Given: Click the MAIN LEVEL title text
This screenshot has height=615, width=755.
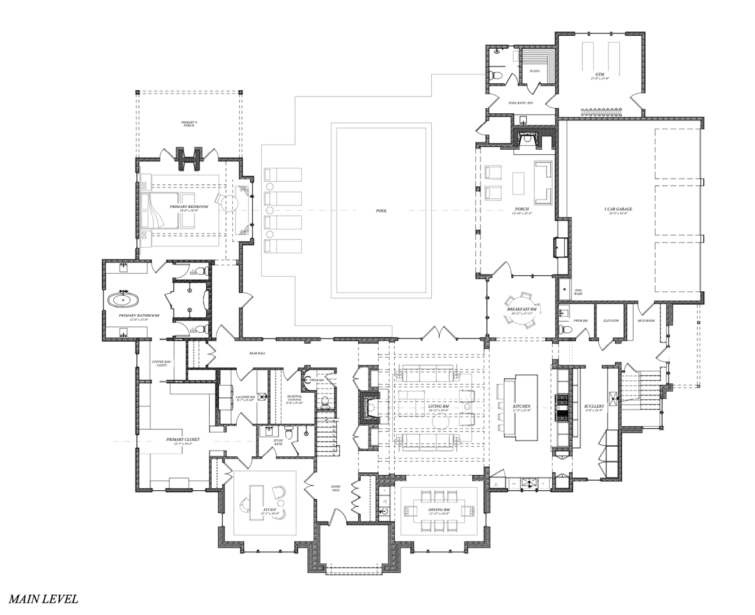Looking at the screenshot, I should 44,599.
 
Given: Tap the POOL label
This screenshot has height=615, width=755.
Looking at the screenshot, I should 381,211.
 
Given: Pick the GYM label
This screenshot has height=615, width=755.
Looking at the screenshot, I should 600,74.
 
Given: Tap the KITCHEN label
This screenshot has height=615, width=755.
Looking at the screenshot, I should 521,406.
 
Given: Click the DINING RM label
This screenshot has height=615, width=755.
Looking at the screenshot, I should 439,510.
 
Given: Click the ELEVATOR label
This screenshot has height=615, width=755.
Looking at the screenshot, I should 612,320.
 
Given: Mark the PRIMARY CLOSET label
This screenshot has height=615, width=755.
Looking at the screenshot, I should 183,440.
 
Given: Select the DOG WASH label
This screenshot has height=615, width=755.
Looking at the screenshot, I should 578,291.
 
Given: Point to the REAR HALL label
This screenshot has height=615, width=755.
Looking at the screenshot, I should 257,353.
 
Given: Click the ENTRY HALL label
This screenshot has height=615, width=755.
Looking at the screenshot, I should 336,489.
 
